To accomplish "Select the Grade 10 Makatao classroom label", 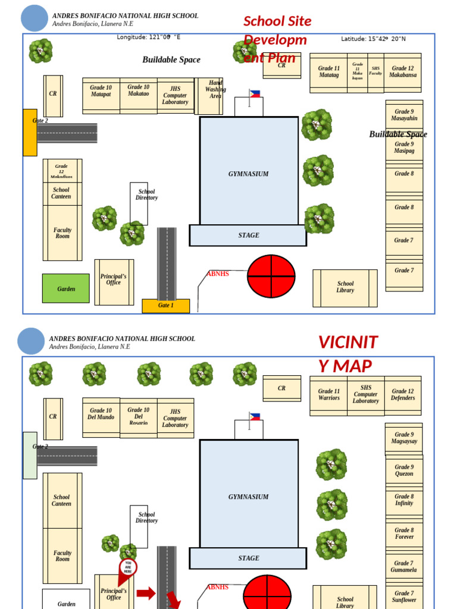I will [x=139, y=90].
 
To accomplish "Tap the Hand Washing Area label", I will [x=215, y=89].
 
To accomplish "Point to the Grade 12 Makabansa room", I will [x=403, y=72].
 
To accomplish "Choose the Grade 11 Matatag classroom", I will [x=328, y=72].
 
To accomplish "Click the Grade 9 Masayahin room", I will [x=404, y=115].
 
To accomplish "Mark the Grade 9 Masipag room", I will [x=404, y=147].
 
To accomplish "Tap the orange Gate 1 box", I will [x=165, y=306].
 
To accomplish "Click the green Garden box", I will [x=66, y=288].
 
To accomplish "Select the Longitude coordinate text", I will [x=149, y=37].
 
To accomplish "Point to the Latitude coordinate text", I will [x=373, y=39].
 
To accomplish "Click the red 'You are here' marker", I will [x=128, y=567].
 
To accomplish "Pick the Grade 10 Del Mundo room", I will [x=101, y=414].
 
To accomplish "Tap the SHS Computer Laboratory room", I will [x=366, y=394].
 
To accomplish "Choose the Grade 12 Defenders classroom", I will [x=403, y=395].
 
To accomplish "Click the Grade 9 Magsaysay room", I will [x=404, y=438].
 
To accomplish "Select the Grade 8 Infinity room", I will [x=404, y=500].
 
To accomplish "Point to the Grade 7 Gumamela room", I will [x=404, y=567].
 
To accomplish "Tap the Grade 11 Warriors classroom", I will [x=328, y=395].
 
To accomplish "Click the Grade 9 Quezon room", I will [x=404, y=470].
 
